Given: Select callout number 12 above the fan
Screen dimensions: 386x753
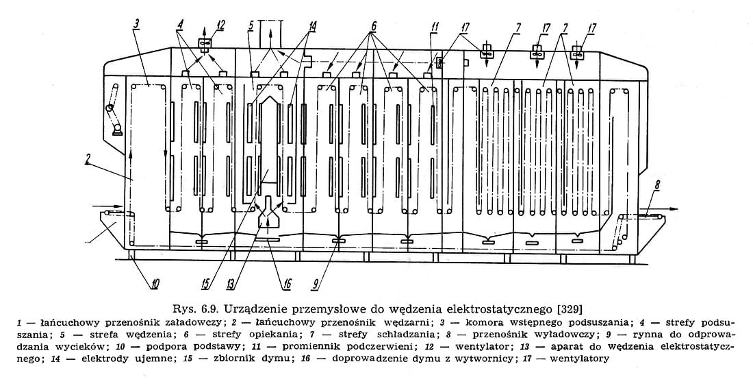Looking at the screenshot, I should point(220,25).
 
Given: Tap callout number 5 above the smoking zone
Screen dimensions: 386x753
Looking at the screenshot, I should point(252,25).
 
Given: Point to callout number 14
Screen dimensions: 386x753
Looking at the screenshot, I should point(312,25).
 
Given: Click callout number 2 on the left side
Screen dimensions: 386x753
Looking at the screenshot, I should point(89,159).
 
